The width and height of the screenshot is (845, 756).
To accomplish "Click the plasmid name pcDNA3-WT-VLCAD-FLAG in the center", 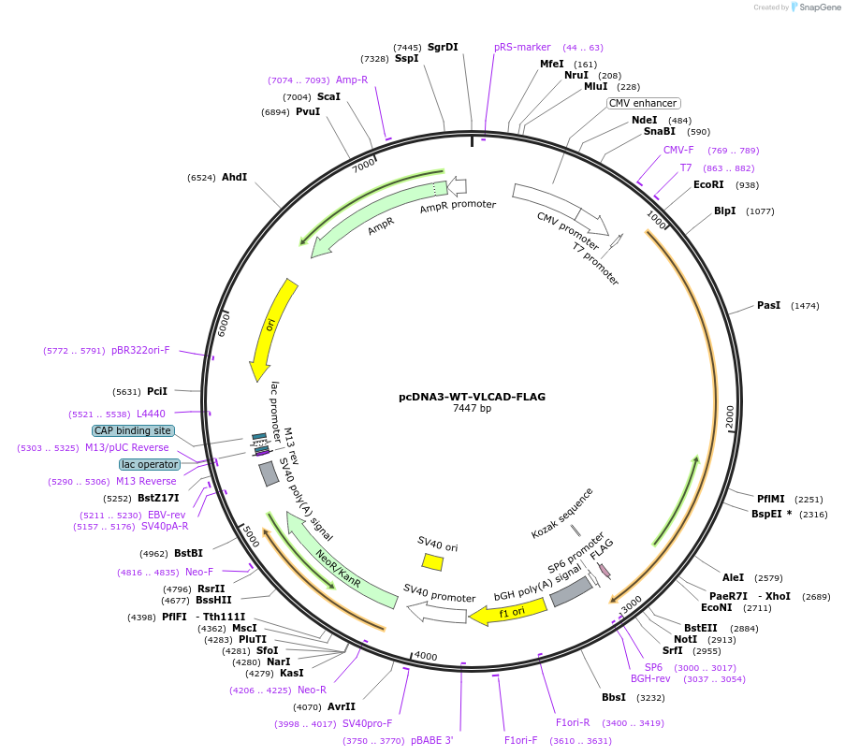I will [x=472, y=397].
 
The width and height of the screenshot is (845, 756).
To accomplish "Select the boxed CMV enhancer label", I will [x=643, y=103].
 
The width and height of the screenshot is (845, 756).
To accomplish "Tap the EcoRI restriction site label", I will [x=708, y=185].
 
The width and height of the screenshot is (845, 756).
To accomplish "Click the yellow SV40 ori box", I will [x=432, y=561].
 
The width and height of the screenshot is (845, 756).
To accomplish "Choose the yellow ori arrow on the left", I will [x=272, y=327].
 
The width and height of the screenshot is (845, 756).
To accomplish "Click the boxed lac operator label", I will [x=150, y=464].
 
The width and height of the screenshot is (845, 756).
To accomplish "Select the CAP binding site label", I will [x=133, y=430].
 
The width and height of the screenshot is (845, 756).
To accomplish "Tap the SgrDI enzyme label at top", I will [x=443, y=47].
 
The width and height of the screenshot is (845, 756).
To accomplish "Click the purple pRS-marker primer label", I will [x=522, y=47].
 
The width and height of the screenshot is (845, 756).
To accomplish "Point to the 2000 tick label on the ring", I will [x=730, y=414].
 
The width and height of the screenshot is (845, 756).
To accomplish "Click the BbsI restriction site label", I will [x=614, y=697].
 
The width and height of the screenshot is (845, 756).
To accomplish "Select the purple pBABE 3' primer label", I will [x=431, y=740].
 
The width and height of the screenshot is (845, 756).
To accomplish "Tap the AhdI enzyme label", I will [x=234, y=177].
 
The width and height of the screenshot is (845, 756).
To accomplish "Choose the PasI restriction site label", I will [x=768, y=305].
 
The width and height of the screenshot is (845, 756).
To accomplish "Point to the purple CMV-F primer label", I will [x=678, y=150].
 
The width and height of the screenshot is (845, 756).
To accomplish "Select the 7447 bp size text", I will [x=472, y=409].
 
